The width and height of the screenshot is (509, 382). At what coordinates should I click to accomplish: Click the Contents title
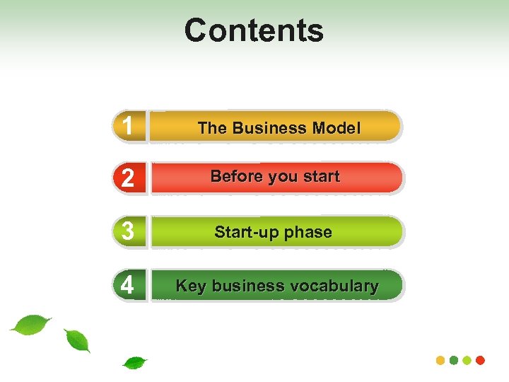click(254, 30)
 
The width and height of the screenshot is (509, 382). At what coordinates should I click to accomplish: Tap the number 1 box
click(128, 127)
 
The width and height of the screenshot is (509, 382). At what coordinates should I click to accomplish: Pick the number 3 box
click(128, 232)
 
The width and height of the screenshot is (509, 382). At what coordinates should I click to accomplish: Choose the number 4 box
click(128, 285)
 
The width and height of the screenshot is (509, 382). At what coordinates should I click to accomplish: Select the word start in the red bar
click(321, 177)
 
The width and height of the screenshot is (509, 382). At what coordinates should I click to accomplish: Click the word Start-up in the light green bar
click(244, 233)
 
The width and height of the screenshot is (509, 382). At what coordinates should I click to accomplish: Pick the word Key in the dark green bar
click(191, 286)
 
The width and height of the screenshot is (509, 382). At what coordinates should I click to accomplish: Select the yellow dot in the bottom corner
click(440, 360)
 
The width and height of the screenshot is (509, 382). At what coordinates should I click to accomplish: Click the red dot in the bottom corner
click(481, 360)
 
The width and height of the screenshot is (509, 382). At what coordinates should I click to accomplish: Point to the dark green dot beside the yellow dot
click(454, 360)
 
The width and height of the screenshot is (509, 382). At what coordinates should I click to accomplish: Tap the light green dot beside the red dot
click(467, 360)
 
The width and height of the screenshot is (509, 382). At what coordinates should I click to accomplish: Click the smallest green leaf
click(134, 363)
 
